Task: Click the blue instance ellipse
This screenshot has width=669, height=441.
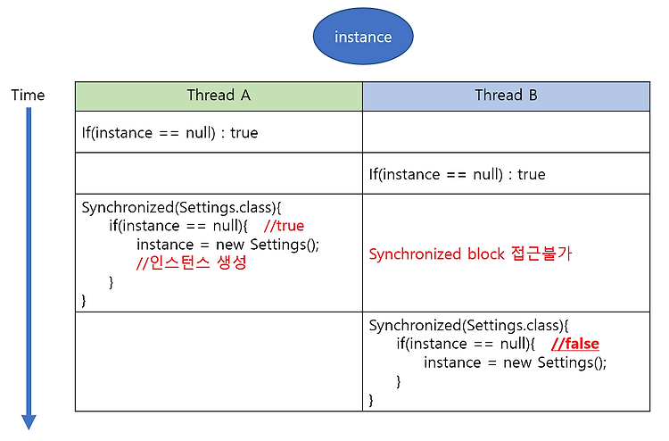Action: pos(363,37)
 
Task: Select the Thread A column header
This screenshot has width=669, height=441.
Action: pos(219,96)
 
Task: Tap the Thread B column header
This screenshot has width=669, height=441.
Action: pos(506,96)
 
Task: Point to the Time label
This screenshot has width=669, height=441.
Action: pos(28,95)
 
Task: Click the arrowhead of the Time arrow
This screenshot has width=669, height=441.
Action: pos(29,421)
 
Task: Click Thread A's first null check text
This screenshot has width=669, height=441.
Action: pos(169,133)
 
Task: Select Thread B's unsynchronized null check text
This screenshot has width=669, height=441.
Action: pos(457,174)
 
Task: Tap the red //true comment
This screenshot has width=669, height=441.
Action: pos(285,225)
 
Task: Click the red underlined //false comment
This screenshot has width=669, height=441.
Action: pos(575,344)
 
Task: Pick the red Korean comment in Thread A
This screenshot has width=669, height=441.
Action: pos(192,262)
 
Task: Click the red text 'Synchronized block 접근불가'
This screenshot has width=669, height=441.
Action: pos(470,254)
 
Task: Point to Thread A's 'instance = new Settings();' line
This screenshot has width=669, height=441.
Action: pos(227,245)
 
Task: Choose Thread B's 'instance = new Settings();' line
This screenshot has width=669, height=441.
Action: pos(515,362)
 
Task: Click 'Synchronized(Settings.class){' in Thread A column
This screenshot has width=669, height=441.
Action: pos(181,207)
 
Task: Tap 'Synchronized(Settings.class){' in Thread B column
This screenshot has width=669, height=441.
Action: pos(468,326)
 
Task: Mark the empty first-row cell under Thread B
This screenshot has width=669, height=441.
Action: pos(506,132)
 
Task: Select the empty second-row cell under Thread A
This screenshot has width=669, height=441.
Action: pos(219,173)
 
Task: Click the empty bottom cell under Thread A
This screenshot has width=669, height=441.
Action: pos(219,362)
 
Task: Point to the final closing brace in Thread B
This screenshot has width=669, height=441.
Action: pos(371,400)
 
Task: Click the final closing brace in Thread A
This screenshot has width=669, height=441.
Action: pos(84,301)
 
